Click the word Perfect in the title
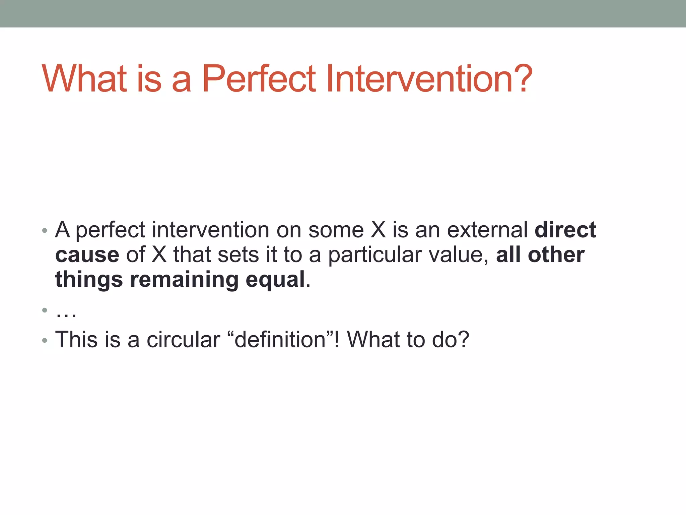259,79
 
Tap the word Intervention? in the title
429,79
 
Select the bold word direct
565,230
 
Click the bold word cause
87,255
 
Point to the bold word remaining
184,280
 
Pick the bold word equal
275,280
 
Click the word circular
183,340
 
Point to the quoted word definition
280,340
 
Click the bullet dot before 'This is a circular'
45,341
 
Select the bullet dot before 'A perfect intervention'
45,231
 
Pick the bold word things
89,280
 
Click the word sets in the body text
238,255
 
